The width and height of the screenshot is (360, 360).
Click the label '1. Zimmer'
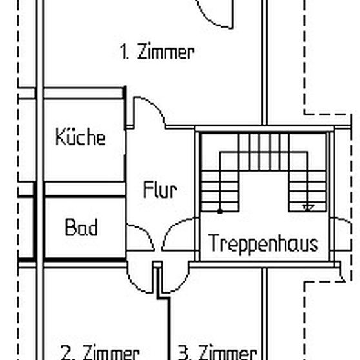[x=157, y=52]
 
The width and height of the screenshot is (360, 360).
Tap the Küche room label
[x=80, y=137]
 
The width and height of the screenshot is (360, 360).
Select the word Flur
[x=159, y=190]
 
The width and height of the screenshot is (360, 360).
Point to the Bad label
[x=81, y=228]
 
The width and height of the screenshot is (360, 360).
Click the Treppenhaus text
[x=263, y=244]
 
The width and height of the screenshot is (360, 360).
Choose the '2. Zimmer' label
[x=100, y=352]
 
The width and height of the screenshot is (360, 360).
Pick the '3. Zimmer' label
[x=217, y=352]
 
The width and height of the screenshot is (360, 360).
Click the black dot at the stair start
[x=220, y=210]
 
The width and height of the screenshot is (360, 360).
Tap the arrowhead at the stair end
[x=308, y=207]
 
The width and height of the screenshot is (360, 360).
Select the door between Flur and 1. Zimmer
[x=150, y=111]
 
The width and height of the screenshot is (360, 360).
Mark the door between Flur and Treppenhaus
[x=178, y=234]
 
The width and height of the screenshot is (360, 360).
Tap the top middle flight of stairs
[x=262, y=151]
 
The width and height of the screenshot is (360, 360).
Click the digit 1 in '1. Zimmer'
[x=123, y=52]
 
